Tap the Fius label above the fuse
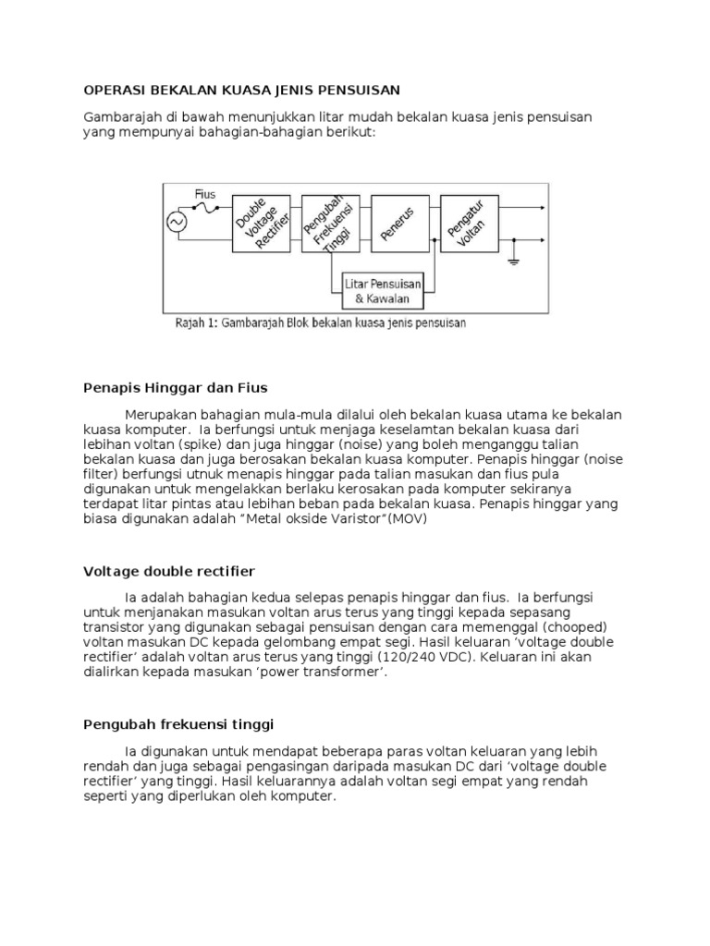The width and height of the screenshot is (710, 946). pos(205,195)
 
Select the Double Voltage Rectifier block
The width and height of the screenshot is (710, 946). pos(263,223)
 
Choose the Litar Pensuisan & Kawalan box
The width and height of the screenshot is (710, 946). pos(383,290)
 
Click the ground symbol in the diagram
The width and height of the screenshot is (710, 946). pos(514,262)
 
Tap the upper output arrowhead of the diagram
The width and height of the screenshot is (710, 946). pos(542,210)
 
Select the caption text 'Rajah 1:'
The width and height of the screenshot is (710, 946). pos(194,324)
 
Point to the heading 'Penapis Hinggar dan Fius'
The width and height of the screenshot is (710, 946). pos(175,387)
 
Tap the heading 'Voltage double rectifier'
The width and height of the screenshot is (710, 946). pos(169,572)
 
